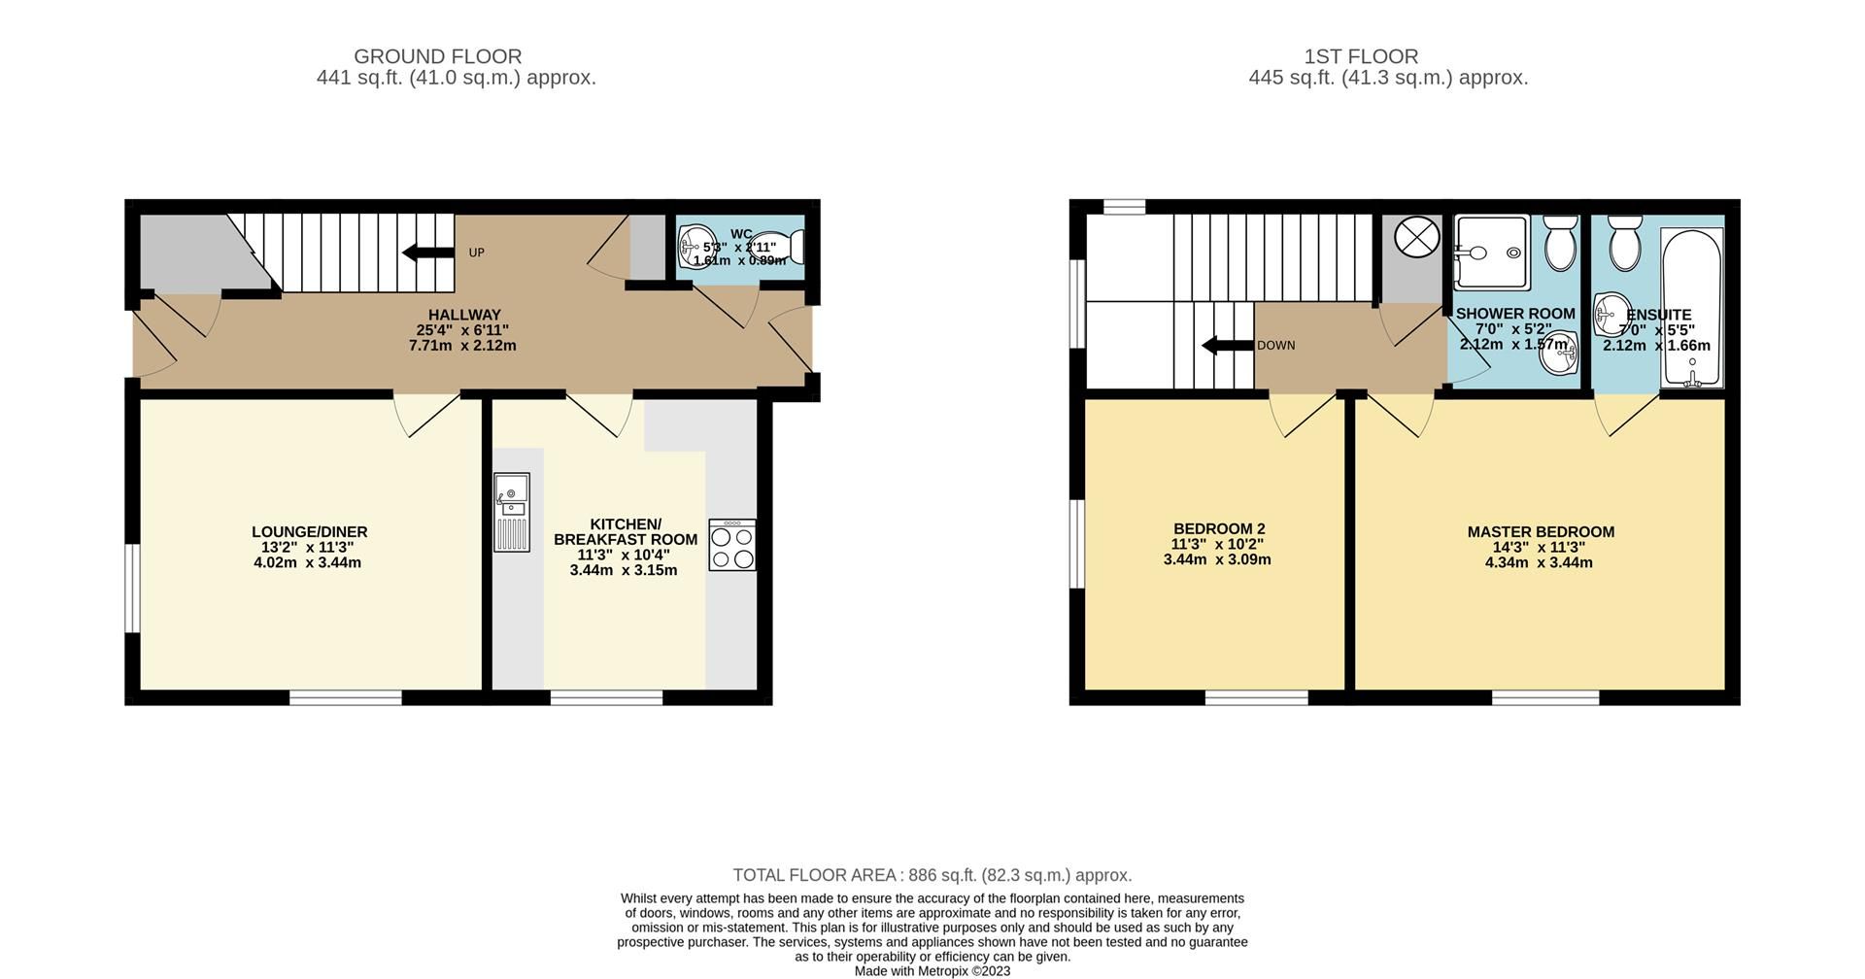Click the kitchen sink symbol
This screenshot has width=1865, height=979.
point(511,512)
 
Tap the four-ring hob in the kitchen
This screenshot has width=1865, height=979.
point(731,546)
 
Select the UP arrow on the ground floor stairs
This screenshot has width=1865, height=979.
point(427,253)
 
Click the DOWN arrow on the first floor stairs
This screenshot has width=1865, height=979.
point(1227,346)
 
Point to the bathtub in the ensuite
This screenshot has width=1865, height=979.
point(1692,309)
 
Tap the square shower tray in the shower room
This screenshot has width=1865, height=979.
point(1491,253)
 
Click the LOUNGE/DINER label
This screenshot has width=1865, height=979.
point(309,532)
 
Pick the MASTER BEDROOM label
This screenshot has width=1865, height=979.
point(1540,532)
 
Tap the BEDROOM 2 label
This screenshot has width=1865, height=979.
point(1218,529)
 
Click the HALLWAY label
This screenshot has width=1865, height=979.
point(464,315)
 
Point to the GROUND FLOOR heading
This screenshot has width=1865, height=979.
point(437,56)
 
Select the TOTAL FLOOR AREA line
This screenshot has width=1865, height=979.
point(932,875)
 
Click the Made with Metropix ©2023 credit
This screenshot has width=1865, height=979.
point(932,970)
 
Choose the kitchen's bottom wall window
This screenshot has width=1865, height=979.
point(607,697)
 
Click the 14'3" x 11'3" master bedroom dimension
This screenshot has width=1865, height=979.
point(1540,548)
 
